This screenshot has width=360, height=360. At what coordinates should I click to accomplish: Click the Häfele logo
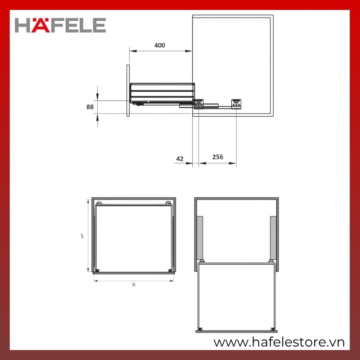click(60, 25)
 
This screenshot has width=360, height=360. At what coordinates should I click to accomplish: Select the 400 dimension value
click(160, 45)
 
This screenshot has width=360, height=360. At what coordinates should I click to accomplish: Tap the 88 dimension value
click(90, 107)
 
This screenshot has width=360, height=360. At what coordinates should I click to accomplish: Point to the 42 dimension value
click(180, 159)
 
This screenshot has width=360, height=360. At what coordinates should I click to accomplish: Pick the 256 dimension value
click(218, 157)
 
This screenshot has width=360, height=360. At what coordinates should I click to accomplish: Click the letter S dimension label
click(82, 236)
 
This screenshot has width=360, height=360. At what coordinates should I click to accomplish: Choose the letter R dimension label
click(134, 285)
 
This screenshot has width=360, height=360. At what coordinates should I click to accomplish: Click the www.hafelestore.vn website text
click(279, 342)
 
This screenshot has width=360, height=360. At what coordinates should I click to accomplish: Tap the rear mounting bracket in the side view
click(236, 104)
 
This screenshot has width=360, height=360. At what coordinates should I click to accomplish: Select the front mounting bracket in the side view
click(199, 104)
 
